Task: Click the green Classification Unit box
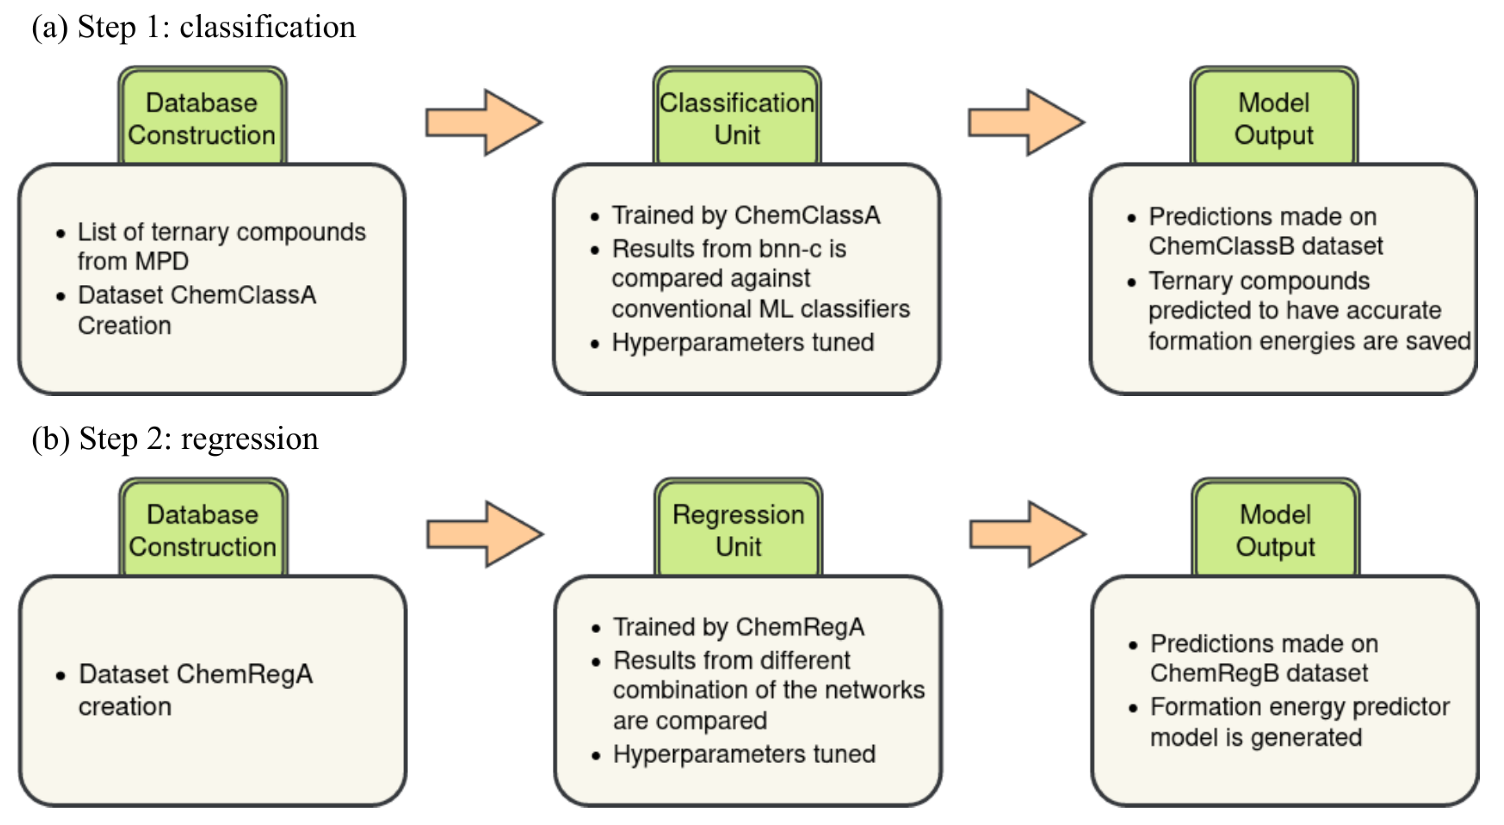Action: click(x=737, y=118)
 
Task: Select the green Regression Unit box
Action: click(x=738, y=530)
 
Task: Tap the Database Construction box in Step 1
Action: click(x=202, y=118)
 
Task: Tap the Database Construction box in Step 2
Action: click(x=203, y=530)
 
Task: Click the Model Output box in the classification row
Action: click(x=1273, y=118)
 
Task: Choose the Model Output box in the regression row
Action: click(x=1275, y=530)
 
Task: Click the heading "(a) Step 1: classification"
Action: click(x=193, y=27)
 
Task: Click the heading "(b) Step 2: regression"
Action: click(x=175, y=438)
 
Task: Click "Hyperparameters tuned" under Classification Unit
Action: click(x=743, y=342)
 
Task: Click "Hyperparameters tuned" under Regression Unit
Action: click(x=744, y=754)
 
